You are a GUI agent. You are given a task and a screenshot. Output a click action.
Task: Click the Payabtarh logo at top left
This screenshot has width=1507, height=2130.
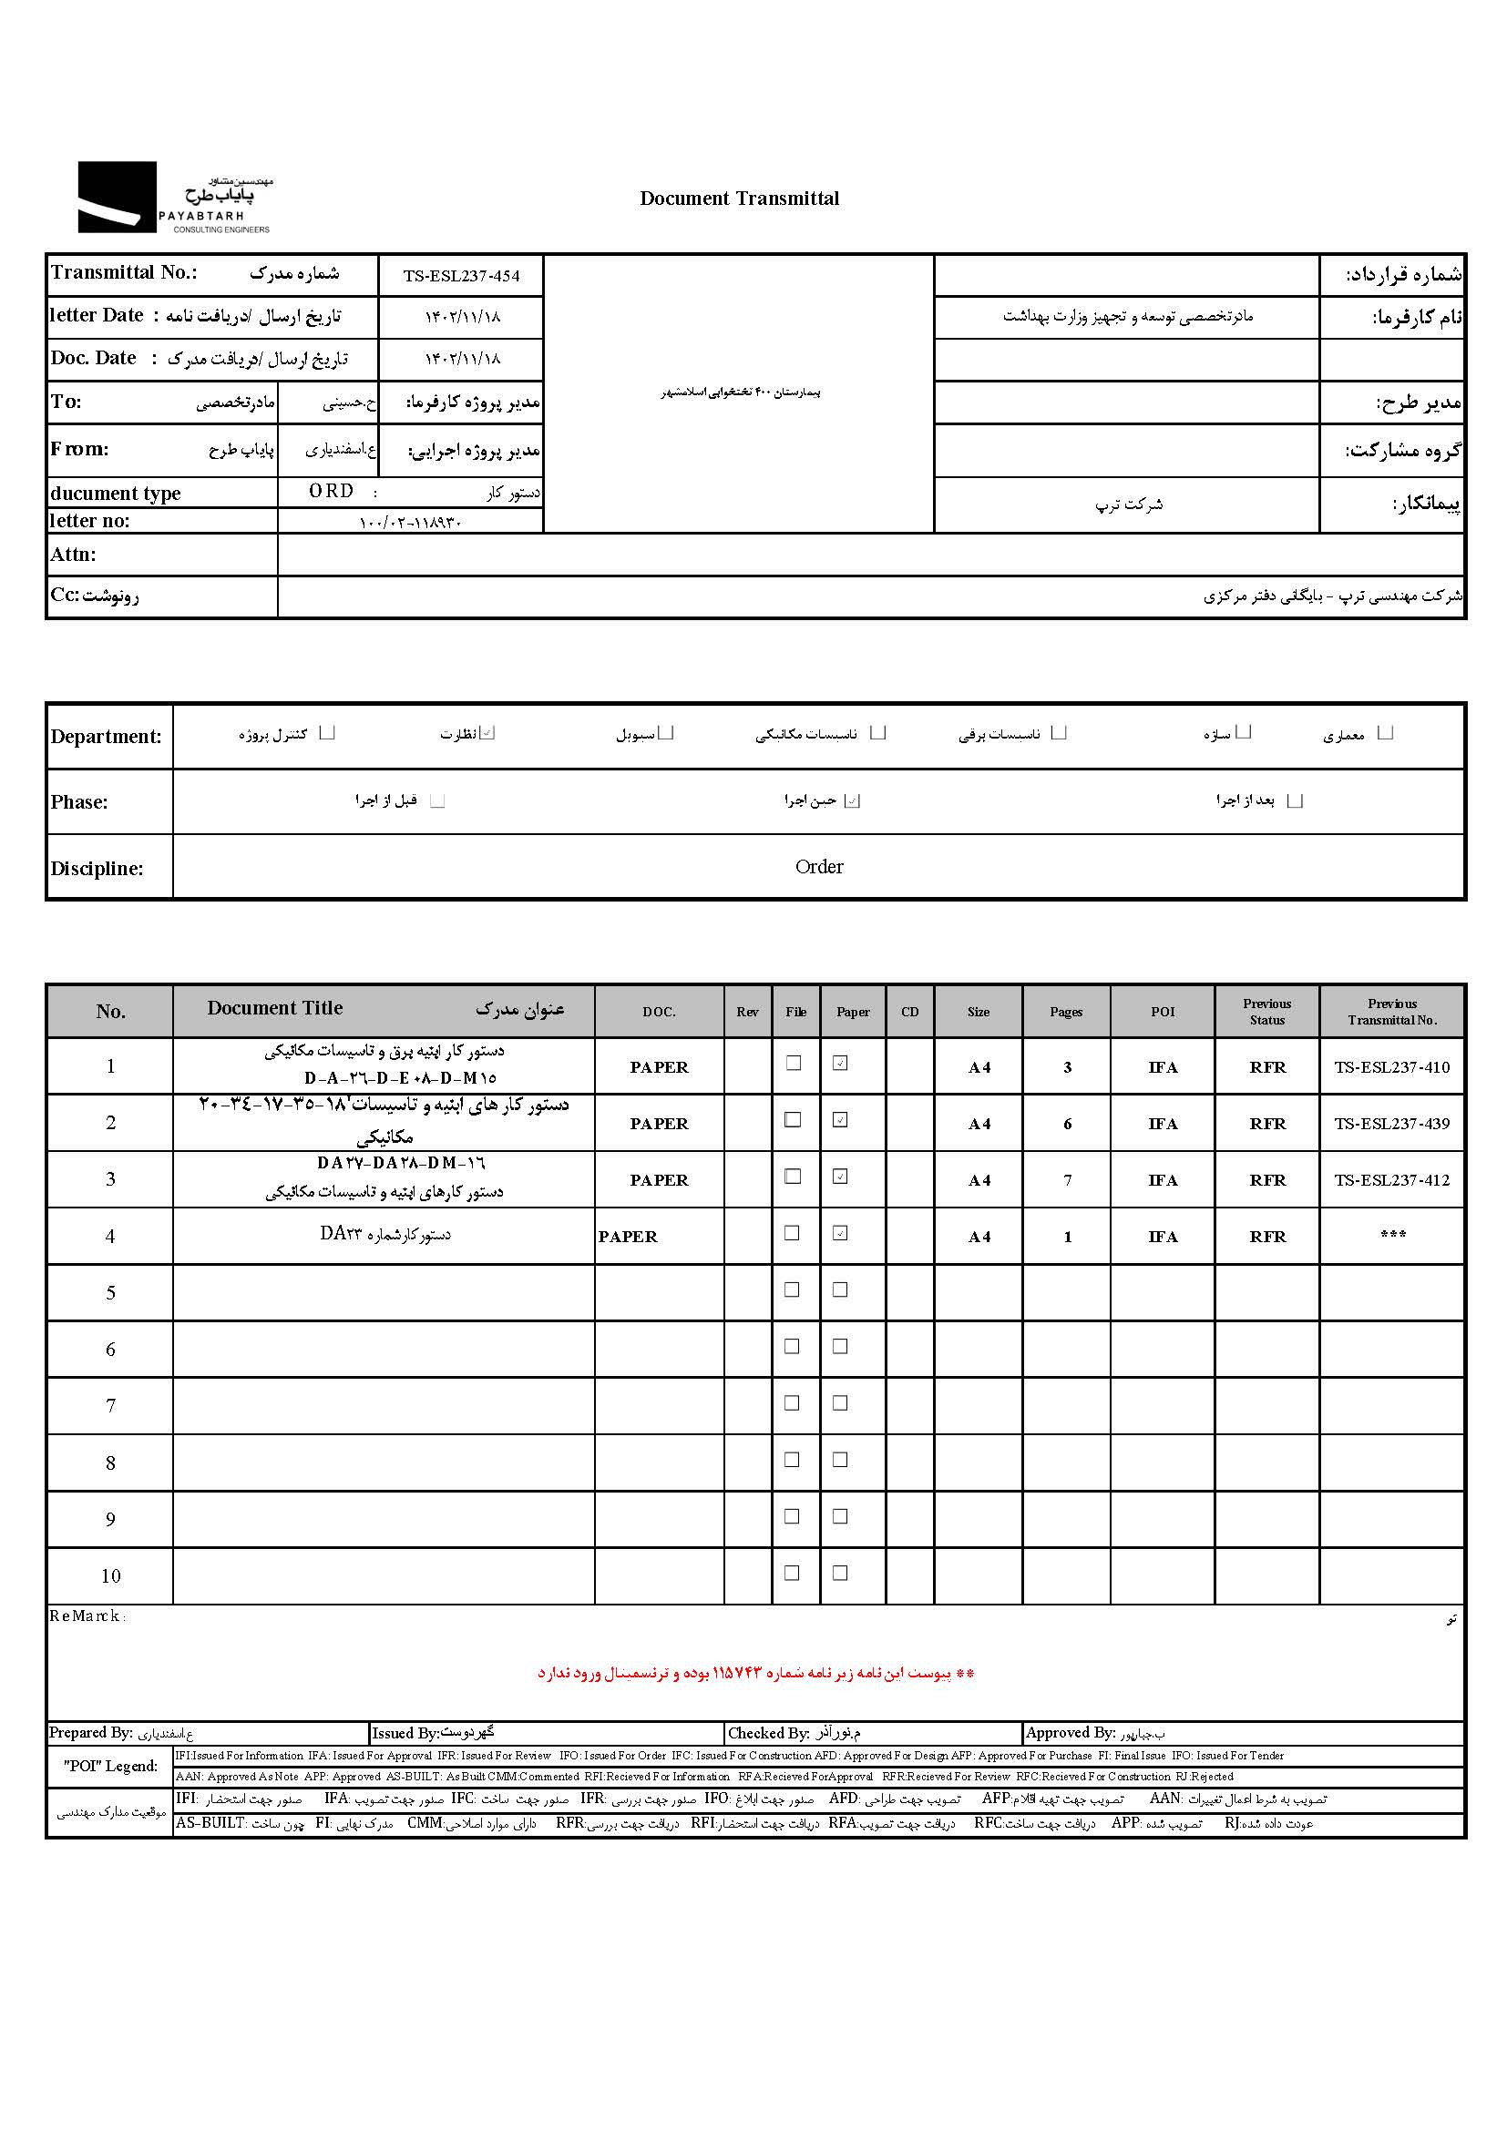173,198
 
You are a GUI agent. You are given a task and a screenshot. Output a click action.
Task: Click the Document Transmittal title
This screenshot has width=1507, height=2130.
739,199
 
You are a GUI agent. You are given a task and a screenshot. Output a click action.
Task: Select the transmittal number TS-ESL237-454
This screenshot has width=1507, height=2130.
461,276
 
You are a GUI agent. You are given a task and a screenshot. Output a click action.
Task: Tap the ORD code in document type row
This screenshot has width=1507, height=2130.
332,491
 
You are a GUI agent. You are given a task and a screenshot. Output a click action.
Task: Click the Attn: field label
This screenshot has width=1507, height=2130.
73,555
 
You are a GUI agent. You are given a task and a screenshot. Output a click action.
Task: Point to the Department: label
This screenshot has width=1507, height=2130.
106,737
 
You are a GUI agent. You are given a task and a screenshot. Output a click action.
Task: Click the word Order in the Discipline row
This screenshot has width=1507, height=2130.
818,866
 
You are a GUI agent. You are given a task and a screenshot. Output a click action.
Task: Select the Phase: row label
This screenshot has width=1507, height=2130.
79,802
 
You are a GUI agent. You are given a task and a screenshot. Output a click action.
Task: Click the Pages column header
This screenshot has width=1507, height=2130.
1066,1011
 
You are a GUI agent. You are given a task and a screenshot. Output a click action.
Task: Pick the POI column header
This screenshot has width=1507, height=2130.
1162,1011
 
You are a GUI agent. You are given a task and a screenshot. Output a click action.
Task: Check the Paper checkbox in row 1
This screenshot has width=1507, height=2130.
840,1063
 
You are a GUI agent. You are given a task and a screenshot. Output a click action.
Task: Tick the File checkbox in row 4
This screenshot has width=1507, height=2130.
792,1233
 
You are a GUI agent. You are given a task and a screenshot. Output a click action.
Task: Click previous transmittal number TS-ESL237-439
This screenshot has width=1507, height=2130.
1391,1124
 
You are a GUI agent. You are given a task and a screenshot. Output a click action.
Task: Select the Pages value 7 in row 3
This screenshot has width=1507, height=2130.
1067,1180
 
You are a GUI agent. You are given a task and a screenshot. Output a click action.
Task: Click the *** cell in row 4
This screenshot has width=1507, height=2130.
1392,1235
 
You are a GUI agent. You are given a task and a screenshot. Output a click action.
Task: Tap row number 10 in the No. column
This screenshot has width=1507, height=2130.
110,1575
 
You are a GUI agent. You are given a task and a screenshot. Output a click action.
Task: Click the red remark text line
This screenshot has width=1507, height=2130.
755,1674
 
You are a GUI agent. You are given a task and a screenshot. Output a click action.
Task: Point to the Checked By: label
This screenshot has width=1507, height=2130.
768,1733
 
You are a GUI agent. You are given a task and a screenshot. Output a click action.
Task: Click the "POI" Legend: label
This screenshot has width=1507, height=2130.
110,1766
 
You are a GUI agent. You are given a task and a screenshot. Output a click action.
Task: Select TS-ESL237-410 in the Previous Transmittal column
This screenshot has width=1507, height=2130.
1391,1067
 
